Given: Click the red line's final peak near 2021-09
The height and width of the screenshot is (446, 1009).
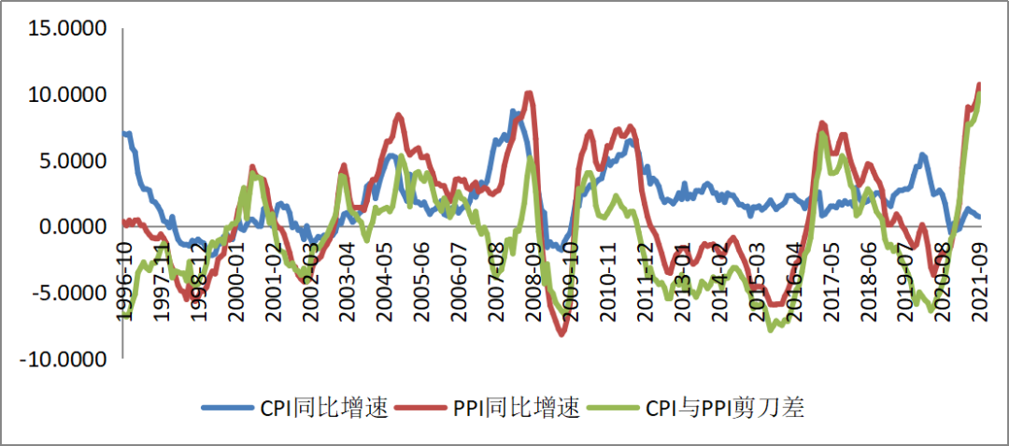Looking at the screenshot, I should [979, 84].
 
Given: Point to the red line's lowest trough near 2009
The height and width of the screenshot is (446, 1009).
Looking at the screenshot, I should [562, 334].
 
